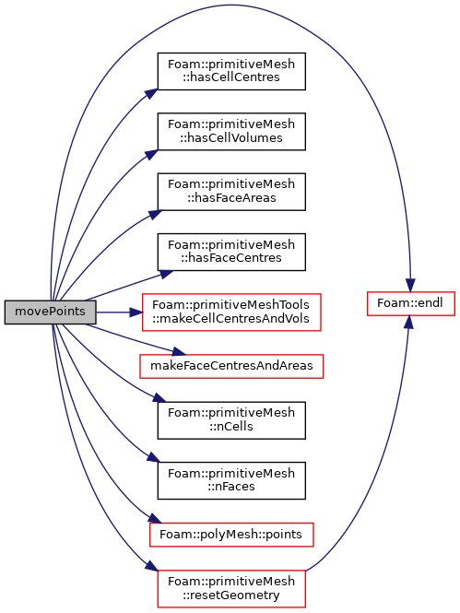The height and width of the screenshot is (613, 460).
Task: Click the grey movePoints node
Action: pyautogui.click(x=50, y=312)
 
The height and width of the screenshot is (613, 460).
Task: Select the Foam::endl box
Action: pyautogui.click(x=411, y=303)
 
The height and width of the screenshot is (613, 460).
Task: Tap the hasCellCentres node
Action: pyautogui.click(x=231, y=71)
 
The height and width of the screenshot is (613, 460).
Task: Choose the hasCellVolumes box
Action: pyautogui.click(x=231, y=131)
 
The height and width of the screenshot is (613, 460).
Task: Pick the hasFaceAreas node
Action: pyautogui.click(x=231, y=192)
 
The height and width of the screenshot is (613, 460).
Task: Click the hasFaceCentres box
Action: pyautogui.click(x=231, y=252)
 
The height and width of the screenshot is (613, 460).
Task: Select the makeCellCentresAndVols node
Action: pyautogui.click(x=231, y=312)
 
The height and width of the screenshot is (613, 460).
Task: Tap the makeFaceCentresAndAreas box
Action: pyautogui.click(x=231, y=366)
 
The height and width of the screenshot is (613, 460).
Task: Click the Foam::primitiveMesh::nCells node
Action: pyautogui.click(x=231, y=420)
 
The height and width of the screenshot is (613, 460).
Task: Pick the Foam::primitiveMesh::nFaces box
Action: pyautogui.click(x=231, y=480)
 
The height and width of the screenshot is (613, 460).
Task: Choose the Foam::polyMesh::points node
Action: pyautogui.click(x=231, y=535)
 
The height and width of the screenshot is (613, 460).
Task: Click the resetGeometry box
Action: pyautogui.click(x=231, y=589)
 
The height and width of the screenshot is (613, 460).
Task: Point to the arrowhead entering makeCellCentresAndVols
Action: pyautogui.click(x=136, y=312)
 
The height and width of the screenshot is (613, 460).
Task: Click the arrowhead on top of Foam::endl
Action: pyautogui.click(x=410, y=286)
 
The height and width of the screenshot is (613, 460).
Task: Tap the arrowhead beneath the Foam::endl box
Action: pyautogui.click(x=408, y=322)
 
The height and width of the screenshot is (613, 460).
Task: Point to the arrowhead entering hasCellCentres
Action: pyautogui.click(x=151, y=94)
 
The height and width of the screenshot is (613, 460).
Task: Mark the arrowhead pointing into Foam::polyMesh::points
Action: pyautogui.click(x=155, y=519)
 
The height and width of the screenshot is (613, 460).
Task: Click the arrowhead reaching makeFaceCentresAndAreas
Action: pyautogui.click(x=180, y=351)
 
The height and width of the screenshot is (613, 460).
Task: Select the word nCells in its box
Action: pyautogui.click(x=231, y=427)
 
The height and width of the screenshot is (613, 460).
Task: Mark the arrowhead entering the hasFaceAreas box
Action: pyautogui.click(x=155, y=215)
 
